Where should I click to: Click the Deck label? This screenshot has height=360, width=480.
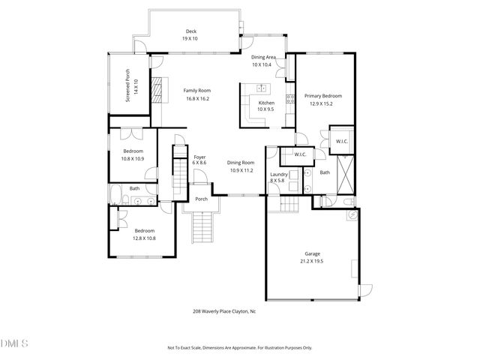click(x=189, y=31)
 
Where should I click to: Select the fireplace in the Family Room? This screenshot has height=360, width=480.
click(x=157, y=89)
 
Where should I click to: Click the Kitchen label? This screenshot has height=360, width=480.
click(x=267, y=103)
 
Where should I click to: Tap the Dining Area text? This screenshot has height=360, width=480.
click(x=263, y=58)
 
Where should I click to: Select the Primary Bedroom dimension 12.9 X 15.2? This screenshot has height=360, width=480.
click(x=322, y=103)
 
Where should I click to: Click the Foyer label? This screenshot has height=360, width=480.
click(x=199, y=157)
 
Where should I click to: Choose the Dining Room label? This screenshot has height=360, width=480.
click(x=241, y=163)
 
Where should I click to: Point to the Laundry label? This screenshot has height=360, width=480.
click(x=278, y=174)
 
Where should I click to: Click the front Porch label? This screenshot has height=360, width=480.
click(x=201, y=199)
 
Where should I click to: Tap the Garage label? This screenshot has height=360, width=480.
click(x=312, y=253)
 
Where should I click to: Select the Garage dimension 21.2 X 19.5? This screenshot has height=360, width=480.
click(x=312, y=260)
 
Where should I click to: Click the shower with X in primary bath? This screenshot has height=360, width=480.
click(x=346, y=174)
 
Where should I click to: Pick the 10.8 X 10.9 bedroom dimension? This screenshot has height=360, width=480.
click(x=133, y=158)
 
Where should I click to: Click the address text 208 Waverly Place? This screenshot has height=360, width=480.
click(x=223, y=311)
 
